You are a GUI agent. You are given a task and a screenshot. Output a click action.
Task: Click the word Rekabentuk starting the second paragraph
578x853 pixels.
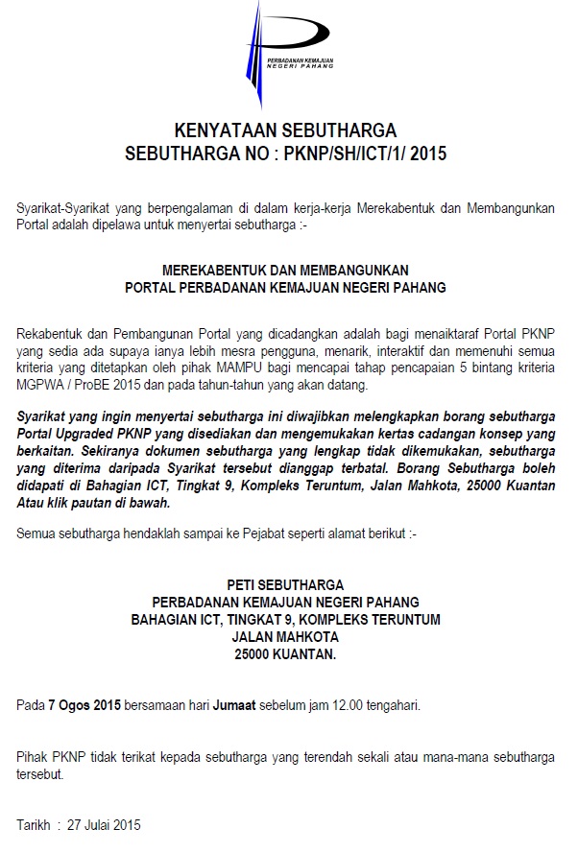49,333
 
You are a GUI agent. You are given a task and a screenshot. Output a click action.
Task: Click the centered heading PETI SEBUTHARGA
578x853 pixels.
284,584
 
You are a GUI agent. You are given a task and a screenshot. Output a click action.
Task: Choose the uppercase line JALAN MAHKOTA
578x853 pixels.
285,637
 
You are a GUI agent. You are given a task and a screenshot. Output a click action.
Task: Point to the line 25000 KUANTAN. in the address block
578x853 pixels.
285,655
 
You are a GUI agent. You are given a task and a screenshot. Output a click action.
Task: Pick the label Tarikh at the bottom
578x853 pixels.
35,825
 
